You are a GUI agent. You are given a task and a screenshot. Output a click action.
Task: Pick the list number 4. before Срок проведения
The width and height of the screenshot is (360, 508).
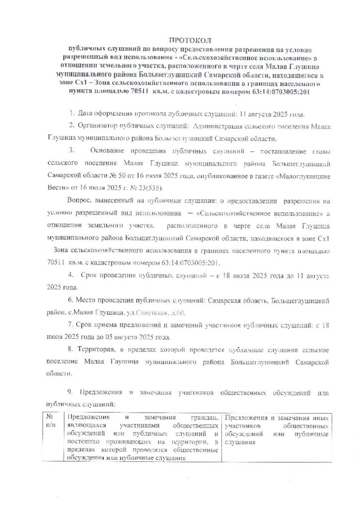click(x=72, y=274)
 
